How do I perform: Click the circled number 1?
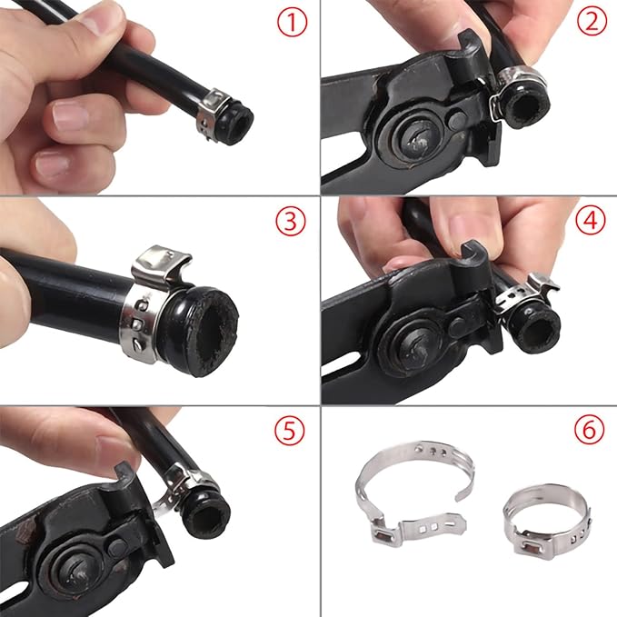292,23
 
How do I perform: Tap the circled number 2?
592,23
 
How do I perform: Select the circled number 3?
290,222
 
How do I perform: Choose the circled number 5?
289,432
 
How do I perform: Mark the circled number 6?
590,431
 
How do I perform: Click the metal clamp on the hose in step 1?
212,110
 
